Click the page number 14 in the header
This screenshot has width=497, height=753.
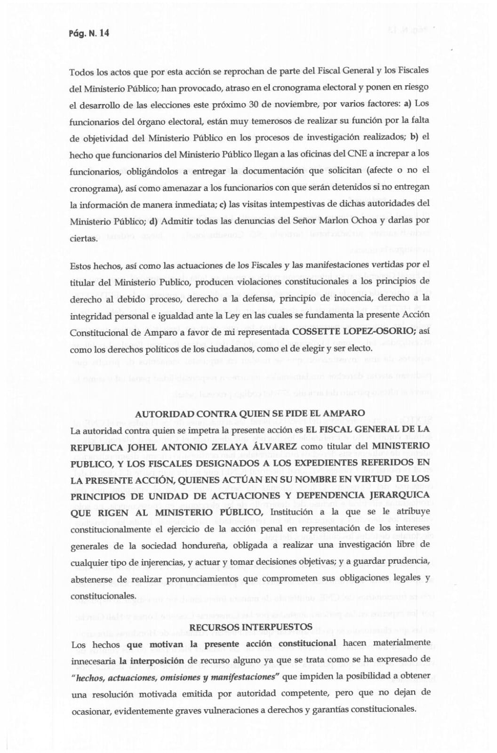[x=104, y=33]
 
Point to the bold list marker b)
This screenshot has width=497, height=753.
[x=414, y=136]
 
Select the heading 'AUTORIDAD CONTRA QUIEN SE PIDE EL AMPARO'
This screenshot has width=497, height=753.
[x=250, y=414]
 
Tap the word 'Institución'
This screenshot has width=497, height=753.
[x=294, y=512]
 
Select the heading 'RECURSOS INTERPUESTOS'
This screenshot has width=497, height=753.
[x=251, y=627]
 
